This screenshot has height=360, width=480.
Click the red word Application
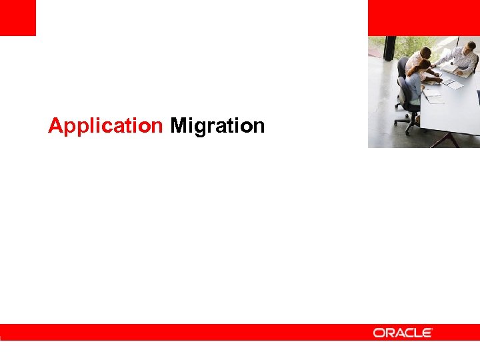(x=105, y=125)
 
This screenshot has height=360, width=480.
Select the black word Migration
(x=217, y=125)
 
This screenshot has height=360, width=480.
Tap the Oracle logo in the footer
(x=403, y=332)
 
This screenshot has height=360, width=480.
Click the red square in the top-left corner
(x=17, y=17)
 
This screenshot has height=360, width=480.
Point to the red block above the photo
(x=423, y=17)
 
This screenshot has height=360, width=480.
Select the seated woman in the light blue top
(x=415, y=85)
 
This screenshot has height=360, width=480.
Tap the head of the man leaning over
(x=425, y=52)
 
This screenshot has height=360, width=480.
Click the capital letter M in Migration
(x=179, y=125)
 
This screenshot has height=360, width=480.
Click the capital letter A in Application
(x=55, y=125)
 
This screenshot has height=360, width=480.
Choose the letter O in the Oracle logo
(x=379, y=332)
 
